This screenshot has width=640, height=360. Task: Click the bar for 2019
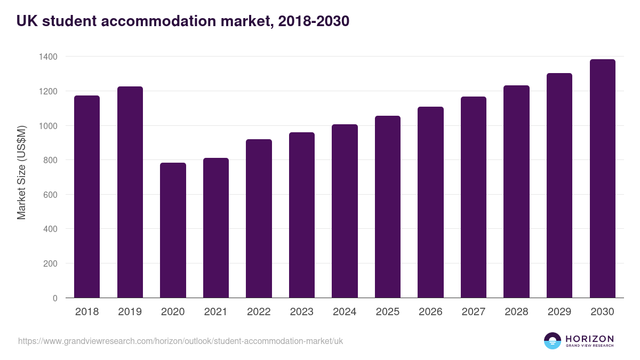(x=130, y=192)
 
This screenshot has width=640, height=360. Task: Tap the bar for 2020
(x=173, y=230)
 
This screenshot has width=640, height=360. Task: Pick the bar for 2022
(x=259, y=218)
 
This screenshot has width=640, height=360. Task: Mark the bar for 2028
(x=516, y=191)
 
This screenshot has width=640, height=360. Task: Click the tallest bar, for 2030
(x=602, y=178)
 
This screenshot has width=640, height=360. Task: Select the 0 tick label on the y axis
(x=55, y=298)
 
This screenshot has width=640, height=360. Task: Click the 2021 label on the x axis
(x=215, y=312)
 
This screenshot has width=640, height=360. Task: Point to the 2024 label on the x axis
(x=345, y=312)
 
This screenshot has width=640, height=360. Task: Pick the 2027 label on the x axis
(x=474, y=312)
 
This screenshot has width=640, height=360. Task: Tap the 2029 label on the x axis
(x=559, y=312)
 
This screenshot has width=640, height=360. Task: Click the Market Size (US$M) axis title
(x=21, y=172)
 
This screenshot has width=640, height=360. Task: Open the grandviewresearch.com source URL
(x=180, y=341)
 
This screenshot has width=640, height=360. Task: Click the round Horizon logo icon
(x=553, y=341)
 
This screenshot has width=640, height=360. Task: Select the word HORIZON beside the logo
(x=589, y=338)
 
